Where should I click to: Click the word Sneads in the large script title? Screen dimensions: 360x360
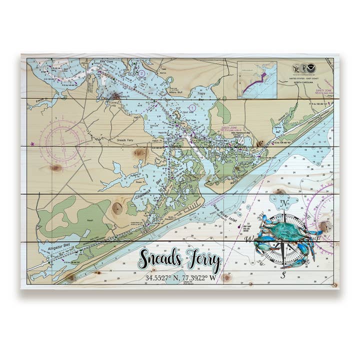pyautogui.click(x=159, y=259)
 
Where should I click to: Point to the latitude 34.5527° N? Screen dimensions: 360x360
pyautogui.click(x=162, y=277)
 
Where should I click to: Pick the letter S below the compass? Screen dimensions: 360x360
pyautogui.click(x=283, y=274)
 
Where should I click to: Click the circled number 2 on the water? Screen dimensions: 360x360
pyautogui.click(x=141, y=73)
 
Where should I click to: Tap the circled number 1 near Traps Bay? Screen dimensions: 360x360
pyautogui.click(x=192, y=107)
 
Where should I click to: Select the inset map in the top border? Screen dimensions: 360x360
pyautogui.click(x=257, y=79)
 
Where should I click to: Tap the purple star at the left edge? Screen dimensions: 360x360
pyautogui.click(x=33, y=144)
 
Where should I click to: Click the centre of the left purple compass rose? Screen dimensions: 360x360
pyautogui.click(x=61, y=137)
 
